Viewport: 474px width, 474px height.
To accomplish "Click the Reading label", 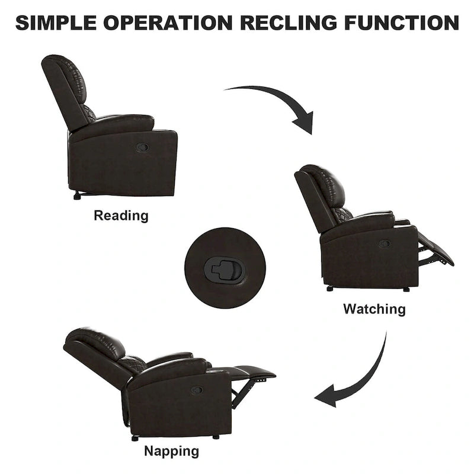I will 121,216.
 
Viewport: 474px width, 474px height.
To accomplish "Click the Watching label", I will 374,309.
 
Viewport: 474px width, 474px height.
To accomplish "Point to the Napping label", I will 172,451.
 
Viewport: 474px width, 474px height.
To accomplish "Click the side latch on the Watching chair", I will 385,244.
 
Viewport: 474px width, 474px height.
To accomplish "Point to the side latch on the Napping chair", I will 196,390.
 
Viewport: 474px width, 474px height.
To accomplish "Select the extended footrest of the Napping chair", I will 252,373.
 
